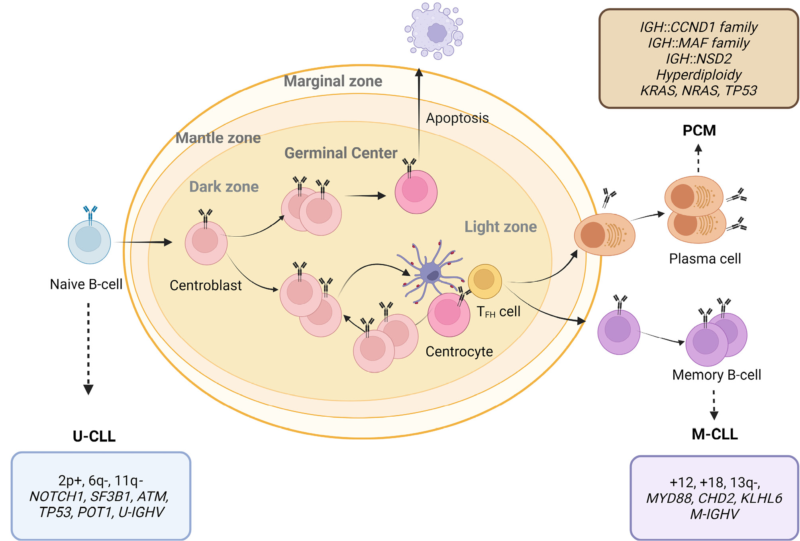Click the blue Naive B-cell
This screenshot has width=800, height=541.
point(89,241)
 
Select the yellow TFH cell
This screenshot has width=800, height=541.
point(484,281)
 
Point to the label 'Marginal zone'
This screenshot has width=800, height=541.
point(333,81)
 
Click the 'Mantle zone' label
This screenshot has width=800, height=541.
point(218,138)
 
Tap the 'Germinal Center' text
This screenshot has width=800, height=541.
point(341,153)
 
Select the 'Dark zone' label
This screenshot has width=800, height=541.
point(224,186)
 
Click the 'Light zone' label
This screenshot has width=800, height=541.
point(500,227)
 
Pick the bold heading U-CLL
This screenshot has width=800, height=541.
point(94,436)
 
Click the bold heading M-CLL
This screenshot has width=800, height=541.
point(714,434)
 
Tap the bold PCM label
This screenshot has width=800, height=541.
point(699,131)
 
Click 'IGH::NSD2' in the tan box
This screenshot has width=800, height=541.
point(699,59)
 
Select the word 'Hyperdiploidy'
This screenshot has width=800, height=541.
point(699,75)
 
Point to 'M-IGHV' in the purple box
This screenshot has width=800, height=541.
point(714,514)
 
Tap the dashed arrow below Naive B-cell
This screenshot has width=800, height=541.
point(88,347)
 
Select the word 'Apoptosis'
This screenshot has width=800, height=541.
point(457,118)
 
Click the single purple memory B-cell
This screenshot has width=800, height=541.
point(618,332)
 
